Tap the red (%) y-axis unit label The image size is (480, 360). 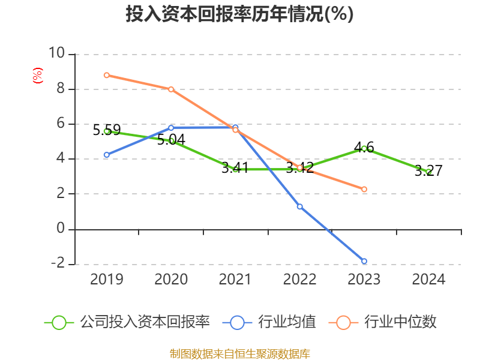pos(37,76)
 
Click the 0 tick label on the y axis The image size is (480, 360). pos(60,229)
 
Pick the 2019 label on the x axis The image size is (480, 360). pos(106,279)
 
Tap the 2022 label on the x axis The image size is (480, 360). pos(299,279)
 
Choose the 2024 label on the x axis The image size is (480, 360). pos(428,279)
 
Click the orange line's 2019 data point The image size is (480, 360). pos(106,75)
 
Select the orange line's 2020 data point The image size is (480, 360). pos(171,89)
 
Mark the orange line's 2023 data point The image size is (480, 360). pos(364,189)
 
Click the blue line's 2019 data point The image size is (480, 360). pos(106,155)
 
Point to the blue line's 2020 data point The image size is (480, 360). pos(171,127)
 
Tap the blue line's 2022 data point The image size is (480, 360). pos(299,206)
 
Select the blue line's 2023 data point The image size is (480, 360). pos(364,261)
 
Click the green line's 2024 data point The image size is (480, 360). pos(428,172)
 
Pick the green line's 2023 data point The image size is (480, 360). pos(364,148)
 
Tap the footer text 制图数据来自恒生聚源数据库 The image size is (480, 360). pos(239,353)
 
